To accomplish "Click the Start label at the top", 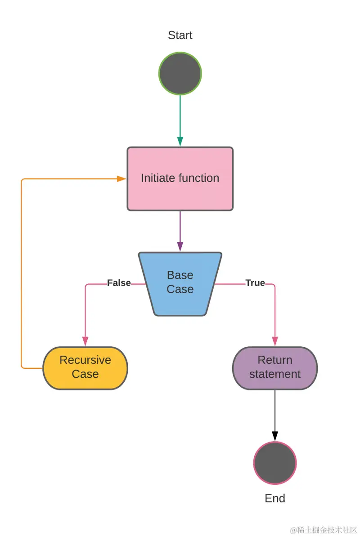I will click(x=180, y=35).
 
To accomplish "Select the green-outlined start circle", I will click(x=180, y=73).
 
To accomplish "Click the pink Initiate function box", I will click(x=180, y=179).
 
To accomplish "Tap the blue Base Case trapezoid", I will click(x=180, y=283).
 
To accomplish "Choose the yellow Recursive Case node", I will click(x=85, y=367).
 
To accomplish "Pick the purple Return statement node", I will click(x=275, y=367).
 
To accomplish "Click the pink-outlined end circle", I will click(x=275, y=463).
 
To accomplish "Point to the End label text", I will click(x=275, y=498).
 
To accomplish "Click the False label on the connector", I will click(x=119, y=283).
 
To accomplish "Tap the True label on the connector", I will click(x=255, y=283).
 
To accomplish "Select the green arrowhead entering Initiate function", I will click(x=180, y=141).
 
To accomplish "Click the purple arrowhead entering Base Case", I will click(x=180, y=246).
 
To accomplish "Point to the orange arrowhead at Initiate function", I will click(x=121, y=179).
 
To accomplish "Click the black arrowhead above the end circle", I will click(x=275, y=436).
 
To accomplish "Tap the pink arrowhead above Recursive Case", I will click(x=85, y=341).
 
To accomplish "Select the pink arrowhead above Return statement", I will click(x=275, y=341).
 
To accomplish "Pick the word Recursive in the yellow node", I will click(x=85, y=360).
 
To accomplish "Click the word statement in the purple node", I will click(x=275, y=374).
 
